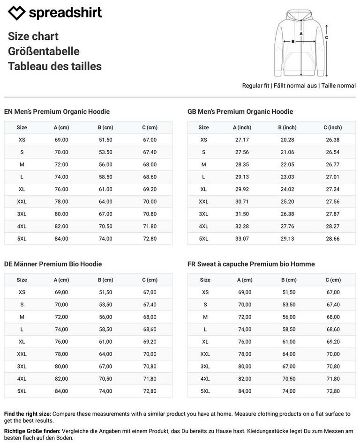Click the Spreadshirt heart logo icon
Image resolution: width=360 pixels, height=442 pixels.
pos(17,13)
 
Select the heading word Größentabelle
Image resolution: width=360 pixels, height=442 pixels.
pos(44,52)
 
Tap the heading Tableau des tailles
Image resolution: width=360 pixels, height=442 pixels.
pos(54,66)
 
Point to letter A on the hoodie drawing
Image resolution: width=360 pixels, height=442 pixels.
pos(301,34)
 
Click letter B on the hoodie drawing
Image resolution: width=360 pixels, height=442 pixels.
pos(293,41)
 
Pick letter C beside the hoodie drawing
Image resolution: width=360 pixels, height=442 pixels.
pos(326,37)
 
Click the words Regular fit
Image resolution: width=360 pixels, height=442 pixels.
pos(255,86)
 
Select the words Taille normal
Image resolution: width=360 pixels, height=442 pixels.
pos(338,86)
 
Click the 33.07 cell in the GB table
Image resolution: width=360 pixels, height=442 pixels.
pos(242,239)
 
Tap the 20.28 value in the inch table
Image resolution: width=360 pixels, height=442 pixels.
pos(287,140)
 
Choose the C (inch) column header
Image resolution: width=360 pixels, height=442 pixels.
pos(332,127)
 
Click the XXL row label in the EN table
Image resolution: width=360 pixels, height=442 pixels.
pos(22,202)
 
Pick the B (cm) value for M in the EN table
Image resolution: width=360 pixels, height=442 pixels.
pos(105,165)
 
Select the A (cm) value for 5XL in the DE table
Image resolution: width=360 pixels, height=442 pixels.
pos(61,391)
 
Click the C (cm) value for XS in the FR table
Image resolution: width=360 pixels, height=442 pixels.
pos(333,292)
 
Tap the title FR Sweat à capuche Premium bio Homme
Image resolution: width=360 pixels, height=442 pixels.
pos(251,264)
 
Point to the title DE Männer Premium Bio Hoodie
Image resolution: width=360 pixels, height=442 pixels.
pos(53,264)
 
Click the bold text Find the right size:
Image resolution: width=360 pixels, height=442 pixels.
pos(28,414)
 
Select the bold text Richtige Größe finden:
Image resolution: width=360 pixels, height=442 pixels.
pos(32,431)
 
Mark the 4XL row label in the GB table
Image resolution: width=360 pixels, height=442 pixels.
pos(203,227)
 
